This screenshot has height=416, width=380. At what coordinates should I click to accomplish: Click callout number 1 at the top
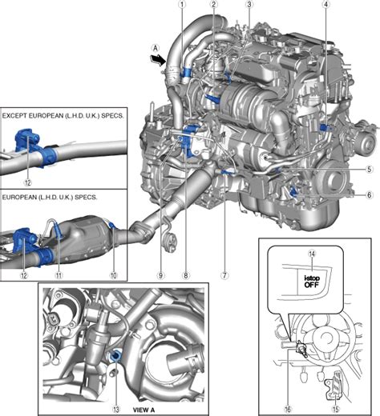182,4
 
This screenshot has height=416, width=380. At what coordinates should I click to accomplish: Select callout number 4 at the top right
325,4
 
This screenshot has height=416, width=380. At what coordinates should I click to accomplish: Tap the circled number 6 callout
370,195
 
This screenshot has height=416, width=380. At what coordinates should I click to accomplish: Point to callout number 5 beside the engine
370,170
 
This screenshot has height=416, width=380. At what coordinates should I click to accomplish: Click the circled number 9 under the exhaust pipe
160,275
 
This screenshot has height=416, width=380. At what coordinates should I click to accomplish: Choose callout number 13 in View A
116,409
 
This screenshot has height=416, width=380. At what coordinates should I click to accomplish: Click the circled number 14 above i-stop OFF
312,254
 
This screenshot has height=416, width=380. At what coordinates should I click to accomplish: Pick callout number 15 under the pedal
336,409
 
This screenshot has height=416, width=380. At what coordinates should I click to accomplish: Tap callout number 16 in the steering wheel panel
288,409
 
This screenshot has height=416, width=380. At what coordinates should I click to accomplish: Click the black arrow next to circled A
158,60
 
